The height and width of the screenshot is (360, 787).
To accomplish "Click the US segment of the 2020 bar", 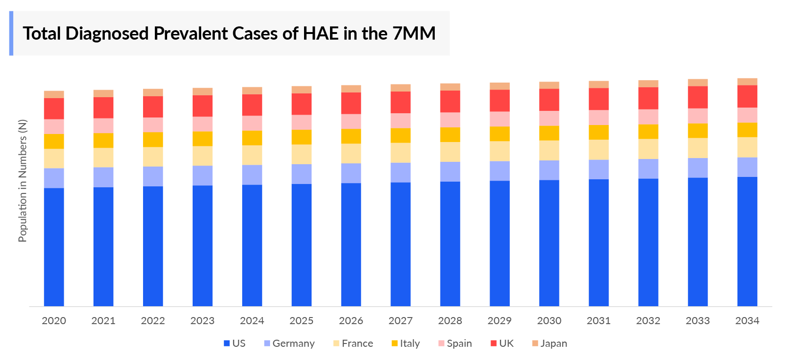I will click(54, 247).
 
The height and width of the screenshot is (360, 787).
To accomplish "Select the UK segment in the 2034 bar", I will click(747, 96).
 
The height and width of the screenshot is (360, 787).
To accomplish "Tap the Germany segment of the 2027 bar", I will click(400, 172).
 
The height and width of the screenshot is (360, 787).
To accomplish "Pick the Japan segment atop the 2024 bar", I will click(252, 91).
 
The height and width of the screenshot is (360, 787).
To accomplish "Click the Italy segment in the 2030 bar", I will click(549, 133).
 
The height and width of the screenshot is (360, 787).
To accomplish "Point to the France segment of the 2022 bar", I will click(153, 157).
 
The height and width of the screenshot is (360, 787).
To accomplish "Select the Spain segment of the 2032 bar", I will click(648, 117).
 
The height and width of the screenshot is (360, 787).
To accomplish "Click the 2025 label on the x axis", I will click(301, 321).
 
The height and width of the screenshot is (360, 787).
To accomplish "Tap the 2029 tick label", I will click(499, 321).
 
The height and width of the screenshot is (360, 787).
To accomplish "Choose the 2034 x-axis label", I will click(747, 321).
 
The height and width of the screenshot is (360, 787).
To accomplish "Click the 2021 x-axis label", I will click(103, 321).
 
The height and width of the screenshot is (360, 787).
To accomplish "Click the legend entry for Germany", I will click(289, 343).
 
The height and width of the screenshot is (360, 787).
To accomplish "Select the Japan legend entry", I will click(550, 343).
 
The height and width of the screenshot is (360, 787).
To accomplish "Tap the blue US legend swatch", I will click(227, 343).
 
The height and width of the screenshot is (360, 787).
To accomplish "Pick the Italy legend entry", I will click(406, 343).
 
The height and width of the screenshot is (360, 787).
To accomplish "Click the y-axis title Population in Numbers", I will click(23, 181).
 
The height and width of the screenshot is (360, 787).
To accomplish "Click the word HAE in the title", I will click(321, 33).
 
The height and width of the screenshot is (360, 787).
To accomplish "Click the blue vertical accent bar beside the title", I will click(11, 33).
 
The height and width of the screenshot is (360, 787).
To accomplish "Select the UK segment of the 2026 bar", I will click(351, 103).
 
